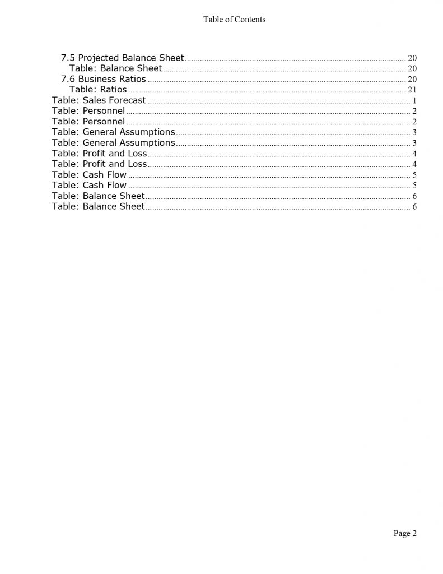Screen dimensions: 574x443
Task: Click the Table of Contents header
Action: (x=234, y=20)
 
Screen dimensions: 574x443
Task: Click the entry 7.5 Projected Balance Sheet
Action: (x=122, y=58)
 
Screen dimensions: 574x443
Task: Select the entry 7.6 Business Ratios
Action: (x=103, y=79)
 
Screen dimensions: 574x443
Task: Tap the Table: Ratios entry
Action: (x=98, y=90)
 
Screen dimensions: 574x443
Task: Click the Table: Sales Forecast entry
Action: (x=99, y=100)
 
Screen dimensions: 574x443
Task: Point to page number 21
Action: (x=412, y=90)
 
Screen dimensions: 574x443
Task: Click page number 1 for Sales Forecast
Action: (x=414, y=101)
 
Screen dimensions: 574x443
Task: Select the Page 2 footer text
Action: (x=405, y=533)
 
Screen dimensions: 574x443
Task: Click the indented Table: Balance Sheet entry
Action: (x=115, y=68)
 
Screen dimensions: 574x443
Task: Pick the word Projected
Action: (x=99, y=58)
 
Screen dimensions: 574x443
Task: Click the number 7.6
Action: (x=68, y=79)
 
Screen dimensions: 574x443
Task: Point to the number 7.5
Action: (x=68, y=58)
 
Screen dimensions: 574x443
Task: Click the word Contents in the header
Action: (x=250, y=20)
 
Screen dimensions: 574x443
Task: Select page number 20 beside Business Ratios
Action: (x=412, y=79)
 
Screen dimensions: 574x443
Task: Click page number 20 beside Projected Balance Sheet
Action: (x=412, y=58)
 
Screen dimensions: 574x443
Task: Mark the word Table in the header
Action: (x=213, y=20)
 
